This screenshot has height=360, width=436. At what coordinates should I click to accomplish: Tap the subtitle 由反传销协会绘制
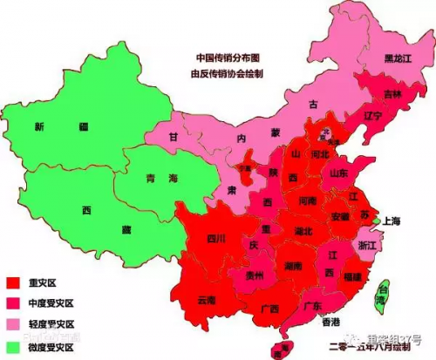[x=228, y=73]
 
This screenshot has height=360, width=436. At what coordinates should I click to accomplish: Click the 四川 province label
[x=216, y=238]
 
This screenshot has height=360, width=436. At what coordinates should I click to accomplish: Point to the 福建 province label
[x=352, y=276]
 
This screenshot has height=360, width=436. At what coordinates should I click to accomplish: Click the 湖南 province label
[x=292, y=264]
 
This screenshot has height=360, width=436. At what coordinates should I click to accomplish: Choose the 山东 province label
[x=341, y=173]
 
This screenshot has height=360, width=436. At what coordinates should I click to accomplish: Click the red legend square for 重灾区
[x=13, y=282]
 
